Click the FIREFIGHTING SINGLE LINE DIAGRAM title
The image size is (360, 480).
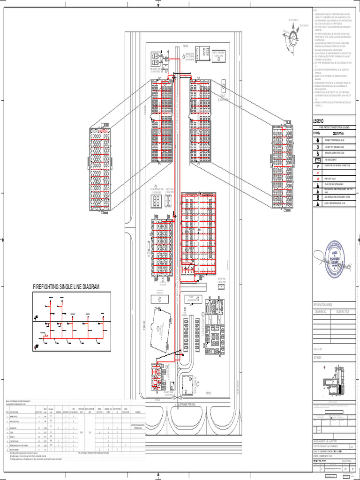point(66,286)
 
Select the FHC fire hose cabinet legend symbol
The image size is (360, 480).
point(318,159)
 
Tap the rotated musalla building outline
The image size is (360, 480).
point(161,330)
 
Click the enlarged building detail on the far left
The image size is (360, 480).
point(100,169)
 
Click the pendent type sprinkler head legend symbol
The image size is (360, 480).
point(318,140)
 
